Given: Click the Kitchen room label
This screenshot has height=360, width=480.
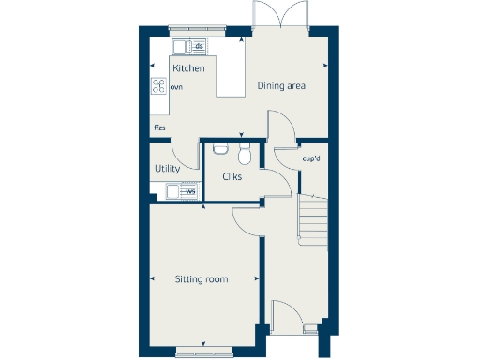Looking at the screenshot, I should tap(188, 68).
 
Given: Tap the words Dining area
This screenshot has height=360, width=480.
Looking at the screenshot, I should tap(282, 86).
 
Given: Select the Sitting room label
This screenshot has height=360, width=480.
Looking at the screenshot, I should tap(202, 278).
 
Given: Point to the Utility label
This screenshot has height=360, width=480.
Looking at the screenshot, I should tap(168, 169).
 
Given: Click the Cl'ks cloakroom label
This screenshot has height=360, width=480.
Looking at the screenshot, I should tap(232, 176).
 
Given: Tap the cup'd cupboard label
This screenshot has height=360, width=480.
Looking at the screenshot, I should tap(312, 157).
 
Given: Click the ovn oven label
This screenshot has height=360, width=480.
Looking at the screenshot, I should tap(176, 87).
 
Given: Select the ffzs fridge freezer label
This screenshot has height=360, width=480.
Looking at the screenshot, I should tap(160, 127).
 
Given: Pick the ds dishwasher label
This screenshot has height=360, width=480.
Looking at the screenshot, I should tap(199, 45).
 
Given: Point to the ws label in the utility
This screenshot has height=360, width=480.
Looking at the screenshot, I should tap(190, 192).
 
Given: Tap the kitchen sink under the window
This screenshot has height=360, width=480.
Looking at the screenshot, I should tap(181, 46).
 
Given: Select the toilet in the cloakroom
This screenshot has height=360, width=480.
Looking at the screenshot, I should tap(245, 152).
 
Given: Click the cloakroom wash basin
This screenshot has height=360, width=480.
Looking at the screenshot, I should tap(221, 147).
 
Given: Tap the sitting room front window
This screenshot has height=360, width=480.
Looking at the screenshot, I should tap(202, 352).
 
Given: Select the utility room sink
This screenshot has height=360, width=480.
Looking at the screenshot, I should tap(173, 192).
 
